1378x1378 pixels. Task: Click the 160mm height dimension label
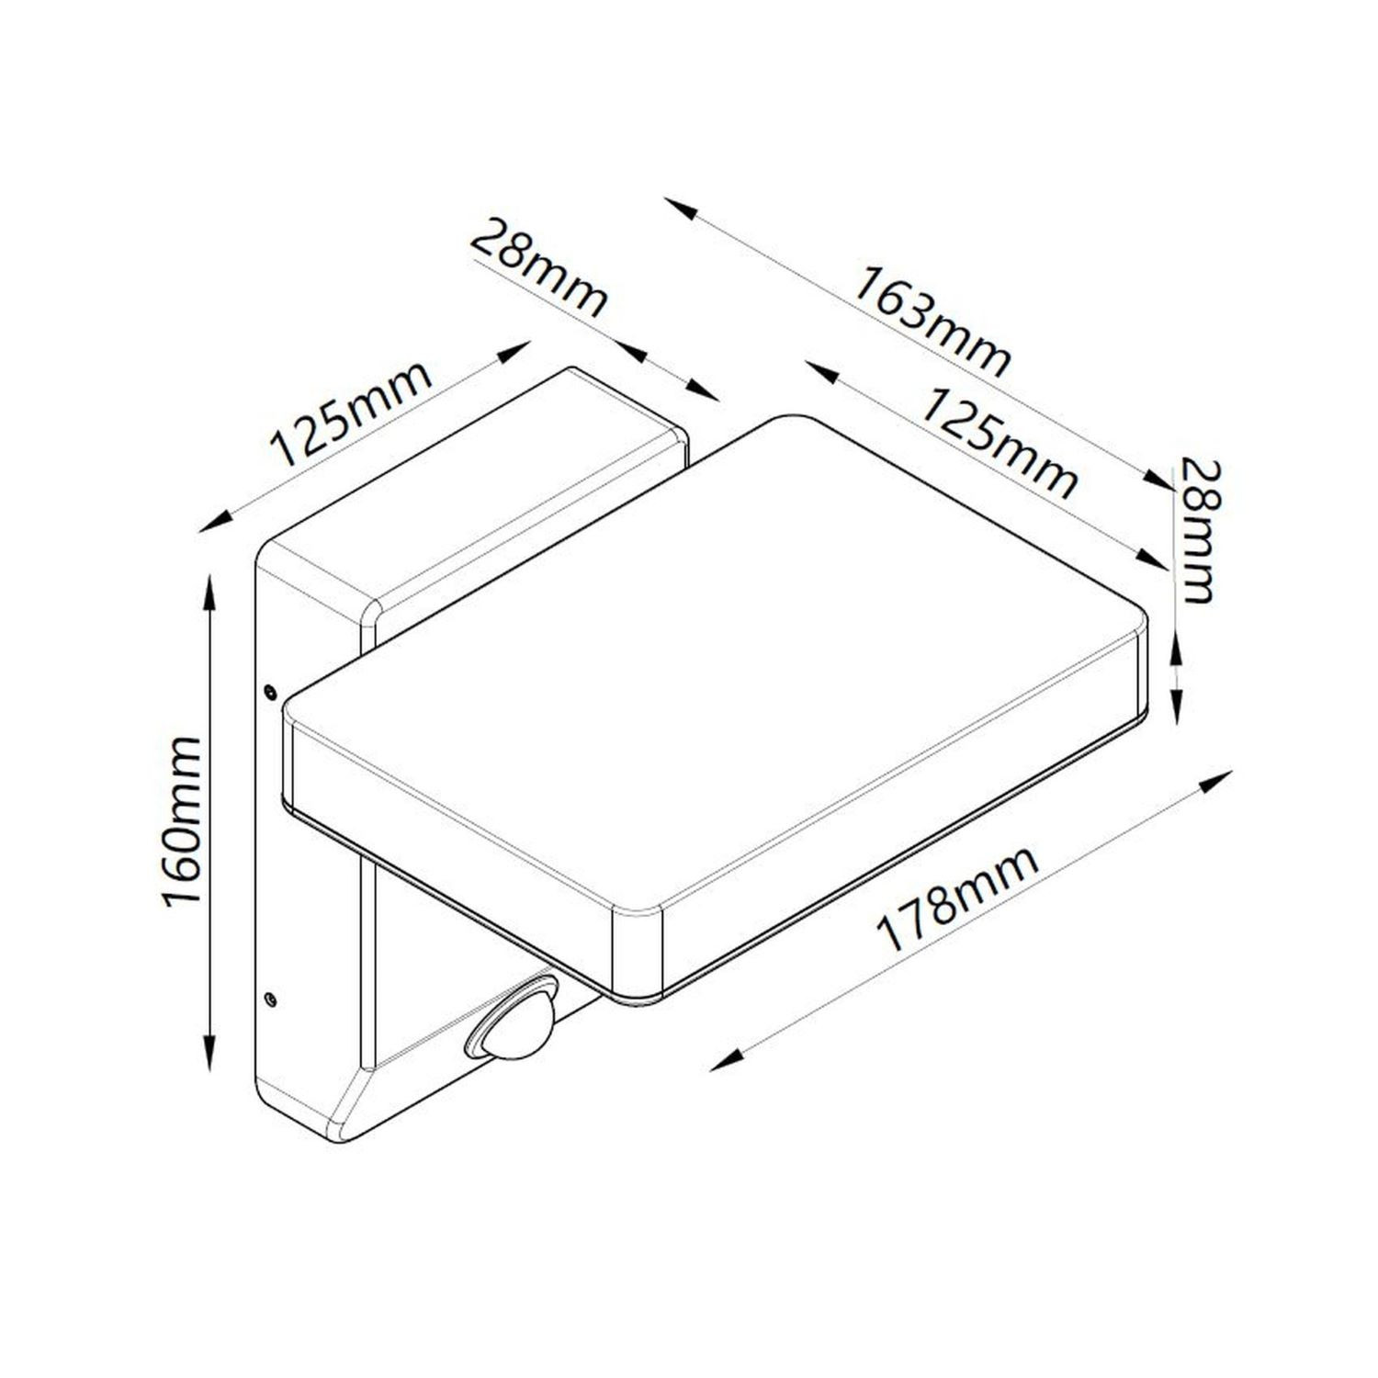[x=181, y=820]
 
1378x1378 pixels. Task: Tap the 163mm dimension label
[x=931, y=320]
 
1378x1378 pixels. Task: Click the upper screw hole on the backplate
[x=269, y=689]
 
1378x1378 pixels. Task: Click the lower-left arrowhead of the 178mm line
[x=724, y=1064]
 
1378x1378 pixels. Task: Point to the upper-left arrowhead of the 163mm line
[x=678, y=205]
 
